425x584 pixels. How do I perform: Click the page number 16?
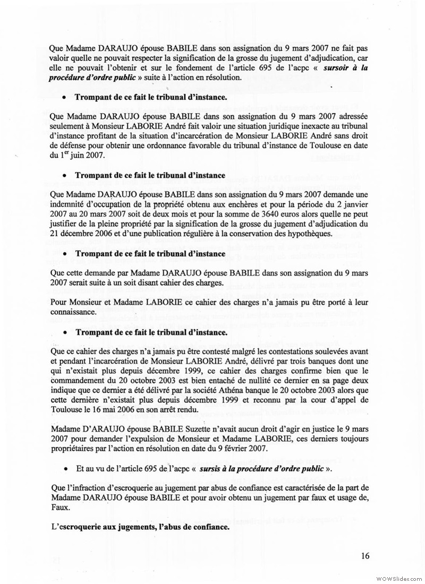[x=365, y=556]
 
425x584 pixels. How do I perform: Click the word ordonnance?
[x=210, y=147]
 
